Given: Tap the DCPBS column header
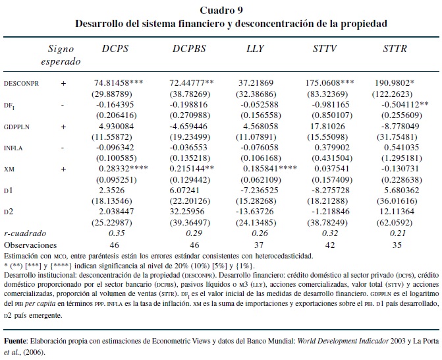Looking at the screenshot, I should (x=190, y=49).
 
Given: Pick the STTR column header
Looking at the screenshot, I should (x=396, y=49).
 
